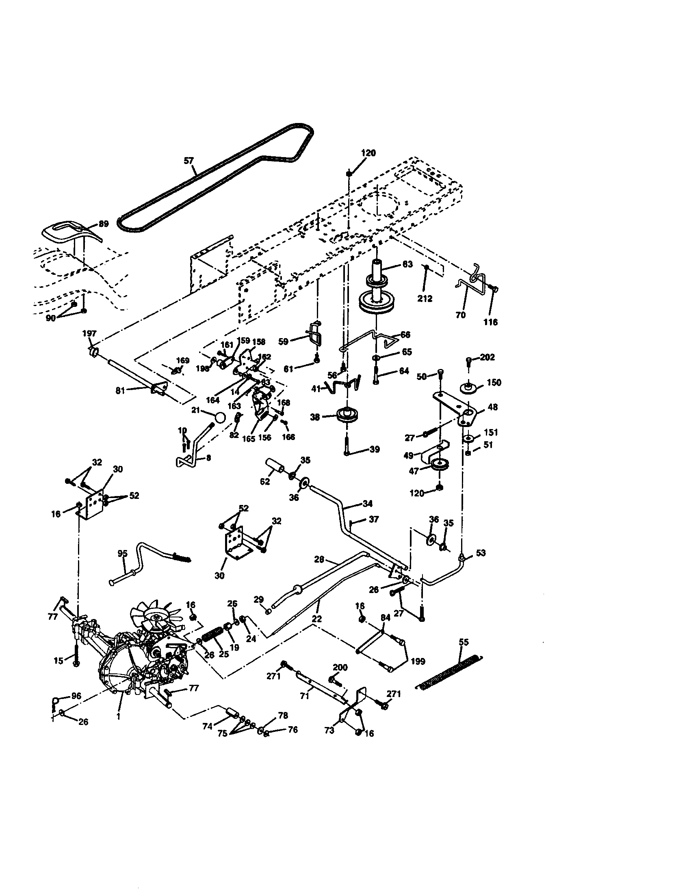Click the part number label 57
pyautogui.click(x=188, y=161)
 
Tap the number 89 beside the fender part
pyautogui.click(x=104, y=224)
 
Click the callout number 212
pyautogui.click(x=425, y=299)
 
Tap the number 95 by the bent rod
pyautogui.click(x=122, y=554)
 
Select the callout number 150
pyautogui.click(x=494, y=382)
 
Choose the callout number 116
pyautogui.click(x=490, y=322)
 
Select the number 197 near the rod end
pyautogui.click(x=89, y=334)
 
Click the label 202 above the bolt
pyautogui.click(x=487, y=357)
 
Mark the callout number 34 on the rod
pyautogui.click(x=367, y=503)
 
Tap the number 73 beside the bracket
pyautogui.click(x=329, y=731)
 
